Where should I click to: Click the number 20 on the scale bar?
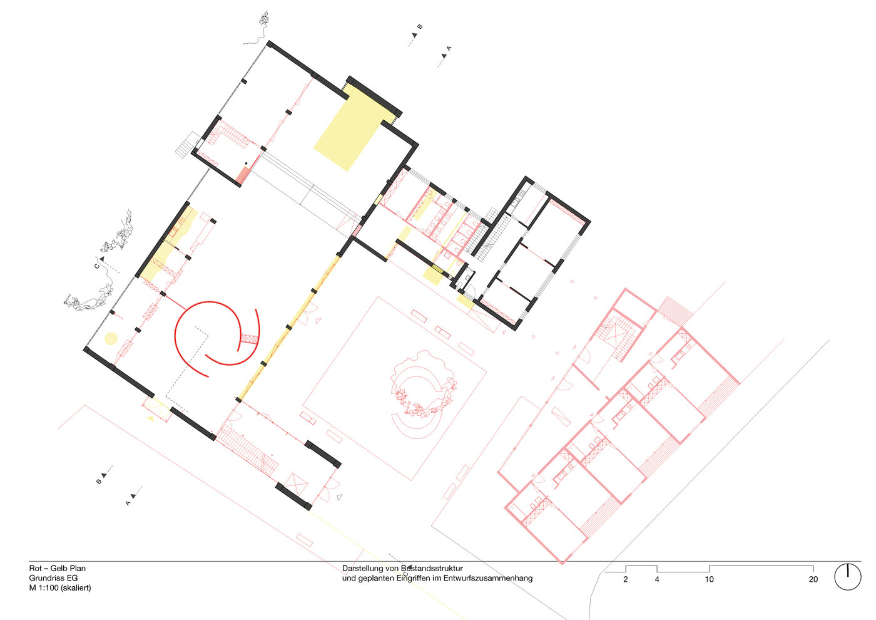point(813,579)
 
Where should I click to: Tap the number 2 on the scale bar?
point(625,579)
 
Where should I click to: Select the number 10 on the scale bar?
point(709,579)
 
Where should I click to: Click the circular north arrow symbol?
point(848,576)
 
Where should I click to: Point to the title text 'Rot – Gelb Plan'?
point(58,569)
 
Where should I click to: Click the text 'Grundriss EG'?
point(53,578)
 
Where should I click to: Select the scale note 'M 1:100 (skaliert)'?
point(60,588)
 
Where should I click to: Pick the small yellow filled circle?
point(111,339)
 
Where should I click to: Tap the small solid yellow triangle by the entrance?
point(150,418)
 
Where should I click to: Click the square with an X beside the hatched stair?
point(293,484)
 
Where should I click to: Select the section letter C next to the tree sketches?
point(97,266)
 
